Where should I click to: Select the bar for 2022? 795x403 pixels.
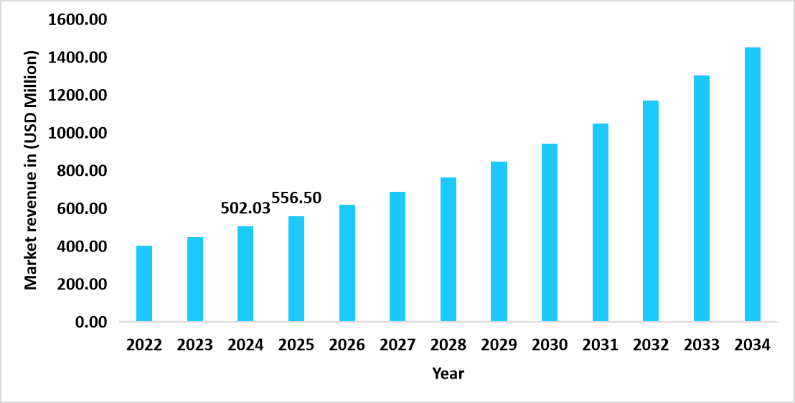pyautogui.click(x=144, y=284)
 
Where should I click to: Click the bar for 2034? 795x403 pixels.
pyautogui.click(x=753, y=185)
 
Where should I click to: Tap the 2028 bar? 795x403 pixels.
pyautogui.click(x=448, y=249)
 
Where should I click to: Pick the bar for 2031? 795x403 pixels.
pyautogui.click(x=601, y=223)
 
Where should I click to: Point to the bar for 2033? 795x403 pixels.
pyautogui.click(x=702, y=198)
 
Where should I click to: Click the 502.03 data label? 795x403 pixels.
pyautogui.click(x=245, y=208)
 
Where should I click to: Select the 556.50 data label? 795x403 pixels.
pyautogui.click(x=296, y=198)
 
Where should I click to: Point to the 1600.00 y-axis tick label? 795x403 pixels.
pyautogui.click(x=77, y=20)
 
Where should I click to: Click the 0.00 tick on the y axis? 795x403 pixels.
pyautogui.click(x=91, y=323)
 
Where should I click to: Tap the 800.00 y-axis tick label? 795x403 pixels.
pyautogui.click(x=81, y=171)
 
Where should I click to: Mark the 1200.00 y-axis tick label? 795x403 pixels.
pyautogui.click(x=77, y=96)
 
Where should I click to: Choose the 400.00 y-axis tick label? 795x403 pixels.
pyautogui.click(x=81, y=246)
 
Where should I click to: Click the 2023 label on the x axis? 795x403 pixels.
pyautogui.click(x=195, y=345)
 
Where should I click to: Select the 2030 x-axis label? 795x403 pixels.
pyautogui.click(x=550, y=345)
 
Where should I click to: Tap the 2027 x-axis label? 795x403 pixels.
pyautogui.click(x=397, y=345)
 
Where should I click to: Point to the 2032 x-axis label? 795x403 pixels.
pyautogui.click(x=651, y=345)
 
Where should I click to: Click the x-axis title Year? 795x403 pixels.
pyautogui.click(x=448, y=374)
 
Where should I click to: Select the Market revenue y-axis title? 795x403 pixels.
pyautogui.click(x=31, y=170)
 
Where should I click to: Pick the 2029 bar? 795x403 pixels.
pyautogui.click(x=499, y=241)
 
